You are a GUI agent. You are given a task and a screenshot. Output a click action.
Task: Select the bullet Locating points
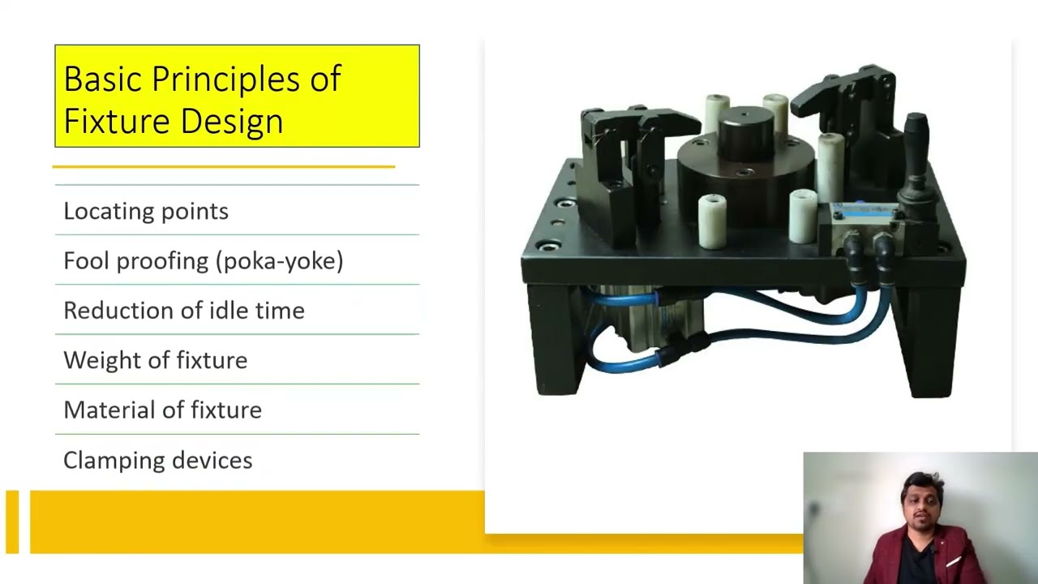coord(146,211)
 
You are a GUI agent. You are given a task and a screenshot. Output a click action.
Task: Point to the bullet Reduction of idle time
coord(184,311)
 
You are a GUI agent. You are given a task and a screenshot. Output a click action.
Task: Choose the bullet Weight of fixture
coord(156,360)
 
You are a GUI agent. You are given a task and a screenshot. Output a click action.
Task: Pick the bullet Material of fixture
coord(162,410)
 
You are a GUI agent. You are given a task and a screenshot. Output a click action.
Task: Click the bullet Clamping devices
coord(158,461)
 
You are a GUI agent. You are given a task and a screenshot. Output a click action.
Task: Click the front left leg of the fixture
coord(555,341)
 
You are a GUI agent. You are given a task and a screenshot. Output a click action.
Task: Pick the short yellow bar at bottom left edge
coord(11,522)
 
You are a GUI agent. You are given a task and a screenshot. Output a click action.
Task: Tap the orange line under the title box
coord(224,166)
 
